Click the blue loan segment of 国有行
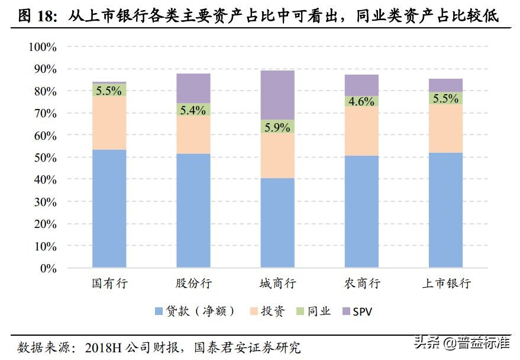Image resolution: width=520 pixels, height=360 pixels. point(109,208)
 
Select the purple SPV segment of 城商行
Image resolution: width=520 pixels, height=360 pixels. point(277,95)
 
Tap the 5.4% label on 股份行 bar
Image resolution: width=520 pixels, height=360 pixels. point(193,110)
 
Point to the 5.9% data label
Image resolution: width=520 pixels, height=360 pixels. point(277,127)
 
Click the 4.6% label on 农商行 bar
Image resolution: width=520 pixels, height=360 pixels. point(361,101)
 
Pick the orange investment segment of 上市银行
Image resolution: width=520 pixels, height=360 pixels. point(445,128)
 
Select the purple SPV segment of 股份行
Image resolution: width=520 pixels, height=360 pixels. point(193,88)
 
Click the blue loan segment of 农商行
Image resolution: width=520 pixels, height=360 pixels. point(361,211)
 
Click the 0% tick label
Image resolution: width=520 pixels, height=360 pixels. point(47,268)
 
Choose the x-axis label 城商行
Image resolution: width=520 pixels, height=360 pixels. point(277,284)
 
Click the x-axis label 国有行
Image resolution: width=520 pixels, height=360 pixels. point(109,284)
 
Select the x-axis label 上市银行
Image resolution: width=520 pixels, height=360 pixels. point(447,284)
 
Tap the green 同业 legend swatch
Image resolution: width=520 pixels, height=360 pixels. point(299,311)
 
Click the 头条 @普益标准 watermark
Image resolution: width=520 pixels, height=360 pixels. point(461,342)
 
